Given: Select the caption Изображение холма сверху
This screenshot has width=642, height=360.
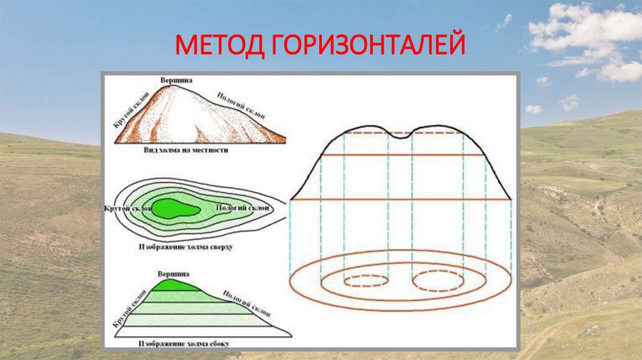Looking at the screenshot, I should click(x=186, y=247).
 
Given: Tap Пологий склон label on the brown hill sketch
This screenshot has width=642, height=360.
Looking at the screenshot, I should click(x=241, y=106).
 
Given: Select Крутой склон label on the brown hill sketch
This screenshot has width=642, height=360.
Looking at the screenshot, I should click(x=127, y=114).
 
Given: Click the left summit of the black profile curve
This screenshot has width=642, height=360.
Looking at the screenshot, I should click(x=369, y=126).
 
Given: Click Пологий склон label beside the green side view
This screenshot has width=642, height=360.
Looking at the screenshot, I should click(x=241, y=304).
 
